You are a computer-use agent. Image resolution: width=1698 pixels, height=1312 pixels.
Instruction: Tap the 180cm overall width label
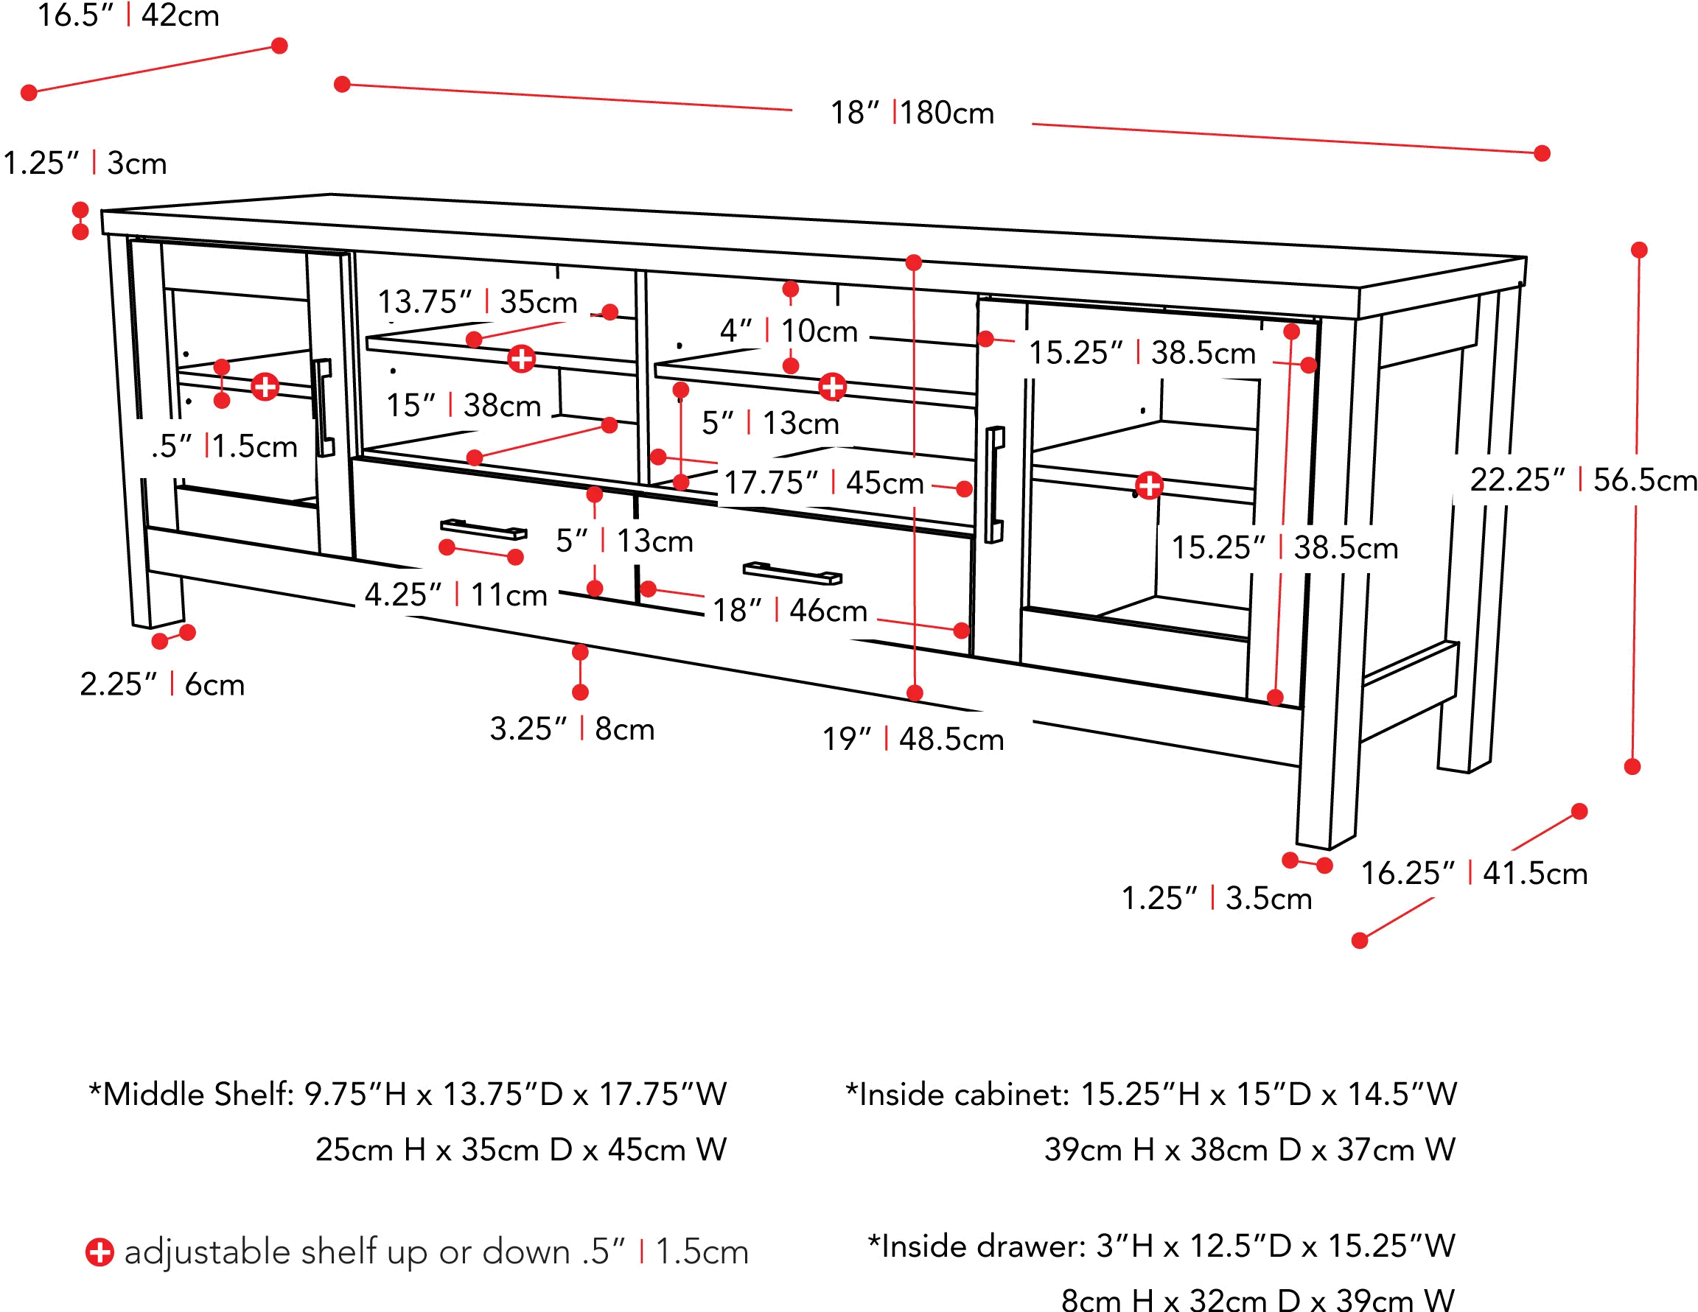(914, 113)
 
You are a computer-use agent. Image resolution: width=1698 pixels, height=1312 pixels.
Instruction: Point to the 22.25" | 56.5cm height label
(1583, 481)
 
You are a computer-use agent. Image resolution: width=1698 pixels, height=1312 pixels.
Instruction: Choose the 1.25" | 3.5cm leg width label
(1216, 899)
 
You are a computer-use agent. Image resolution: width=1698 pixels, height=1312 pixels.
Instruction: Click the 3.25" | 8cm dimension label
(571, 730)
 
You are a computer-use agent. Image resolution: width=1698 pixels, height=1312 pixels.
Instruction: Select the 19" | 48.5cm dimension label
(913, 739)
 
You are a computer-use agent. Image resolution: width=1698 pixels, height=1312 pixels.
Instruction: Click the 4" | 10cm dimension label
(789, 332)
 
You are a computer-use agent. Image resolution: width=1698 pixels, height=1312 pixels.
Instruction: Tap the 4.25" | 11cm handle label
(457, 595)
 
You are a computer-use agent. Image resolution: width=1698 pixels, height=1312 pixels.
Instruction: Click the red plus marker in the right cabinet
(1149, 485)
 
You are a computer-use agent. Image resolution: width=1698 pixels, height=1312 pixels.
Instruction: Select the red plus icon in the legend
(99, 1252)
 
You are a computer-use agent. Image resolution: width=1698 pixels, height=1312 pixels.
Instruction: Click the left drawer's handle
(483, 532)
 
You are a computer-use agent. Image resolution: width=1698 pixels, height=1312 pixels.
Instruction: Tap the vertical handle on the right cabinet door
(994, 483)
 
